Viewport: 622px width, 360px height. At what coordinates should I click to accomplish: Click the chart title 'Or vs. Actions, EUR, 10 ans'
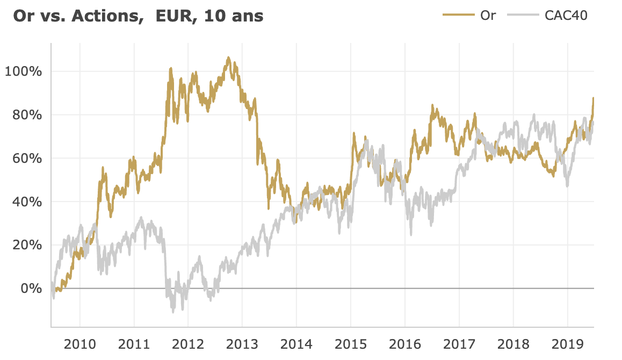138,16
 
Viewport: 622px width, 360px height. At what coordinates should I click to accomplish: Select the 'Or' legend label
488,15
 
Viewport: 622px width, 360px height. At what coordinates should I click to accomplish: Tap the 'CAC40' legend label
566,15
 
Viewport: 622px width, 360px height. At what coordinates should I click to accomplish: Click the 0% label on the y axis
30,289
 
